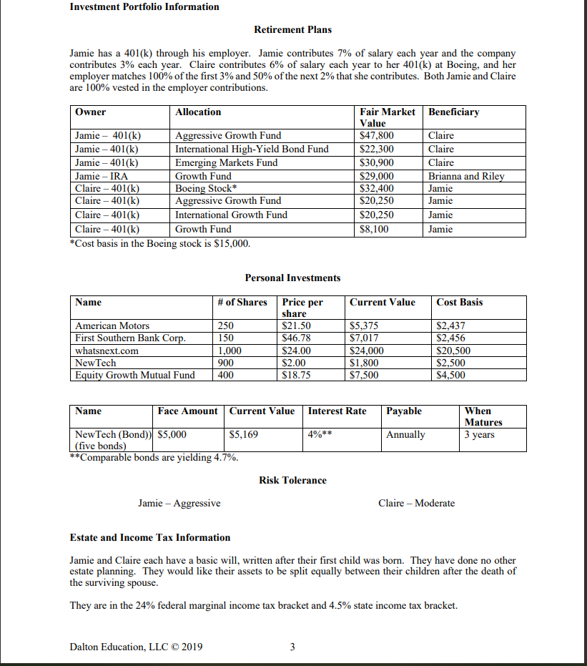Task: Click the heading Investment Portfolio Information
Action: point(144,7)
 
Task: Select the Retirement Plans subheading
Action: point(292,30)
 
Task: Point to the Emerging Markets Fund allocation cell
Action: point(227,162)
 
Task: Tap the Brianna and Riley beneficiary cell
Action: point(465,176)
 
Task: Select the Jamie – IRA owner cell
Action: point(102,176)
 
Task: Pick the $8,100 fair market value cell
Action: point(374,229)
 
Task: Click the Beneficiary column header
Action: point(453,112)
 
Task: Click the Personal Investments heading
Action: point(292,278)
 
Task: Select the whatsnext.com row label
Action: point(107,351)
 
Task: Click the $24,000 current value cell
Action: point(366,351)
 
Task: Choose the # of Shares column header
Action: point(242,303)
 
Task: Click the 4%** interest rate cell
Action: point(320,434)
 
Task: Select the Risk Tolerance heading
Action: point(292,480)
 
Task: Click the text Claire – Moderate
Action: point(416,503)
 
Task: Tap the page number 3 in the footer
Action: point(292,647)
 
